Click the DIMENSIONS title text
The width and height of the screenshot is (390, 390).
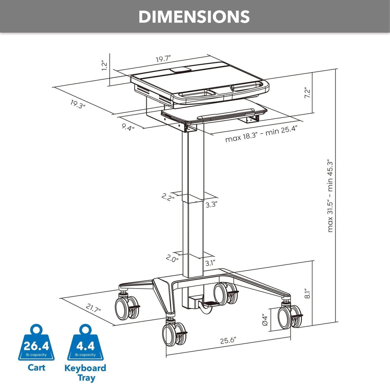coord(194,17)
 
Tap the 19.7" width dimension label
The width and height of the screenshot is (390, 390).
coord(163,59)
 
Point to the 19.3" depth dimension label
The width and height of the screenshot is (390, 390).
coord(78,104)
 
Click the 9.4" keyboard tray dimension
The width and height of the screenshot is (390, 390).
coord(128,127)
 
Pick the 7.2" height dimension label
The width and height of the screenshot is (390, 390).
coord(307,93)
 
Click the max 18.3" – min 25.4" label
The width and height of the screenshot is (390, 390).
coord(261,135)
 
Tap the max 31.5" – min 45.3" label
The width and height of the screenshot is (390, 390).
coord(330,196)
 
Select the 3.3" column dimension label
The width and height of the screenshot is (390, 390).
coord(211,204)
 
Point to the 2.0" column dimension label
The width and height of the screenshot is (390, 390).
coord(172,258)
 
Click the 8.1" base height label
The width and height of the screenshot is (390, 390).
coord(307,293)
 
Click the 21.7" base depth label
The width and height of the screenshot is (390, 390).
coord(93,308)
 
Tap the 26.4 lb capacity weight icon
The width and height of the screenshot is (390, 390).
coord(36,344)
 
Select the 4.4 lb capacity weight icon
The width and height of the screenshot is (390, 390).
coord(85,344)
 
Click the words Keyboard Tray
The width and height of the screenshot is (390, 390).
coord(85,373)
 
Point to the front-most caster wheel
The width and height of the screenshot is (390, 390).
coord(173,335)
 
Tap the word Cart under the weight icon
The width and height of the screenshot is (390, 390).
coord(36,368)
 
